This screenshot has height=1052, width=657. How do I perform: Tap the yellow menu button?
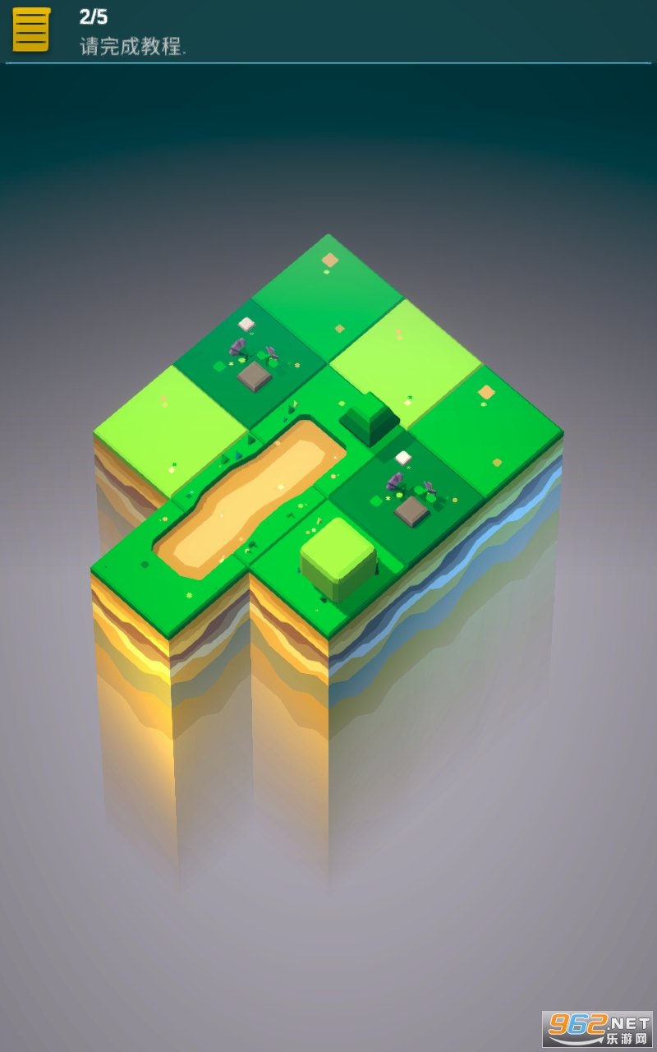click(x=31, y=29)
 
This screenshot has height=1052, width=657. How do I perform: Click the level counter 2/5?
click(x=94, y=17)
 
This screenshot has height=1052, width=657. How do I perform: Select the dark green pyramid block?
click(x=370, y=418)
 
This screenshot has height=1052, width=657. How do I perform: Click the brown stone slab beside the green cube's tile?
click(x=411, y=510)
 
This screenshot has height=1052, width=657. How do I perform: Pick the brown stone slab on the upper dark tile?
click(x=255, y=376)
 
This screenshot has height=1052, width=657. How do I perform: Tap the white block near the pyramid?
click(x=402, y=457)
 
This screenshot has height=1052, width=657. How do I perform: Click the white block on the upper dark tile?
click(x=246, y=324)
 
